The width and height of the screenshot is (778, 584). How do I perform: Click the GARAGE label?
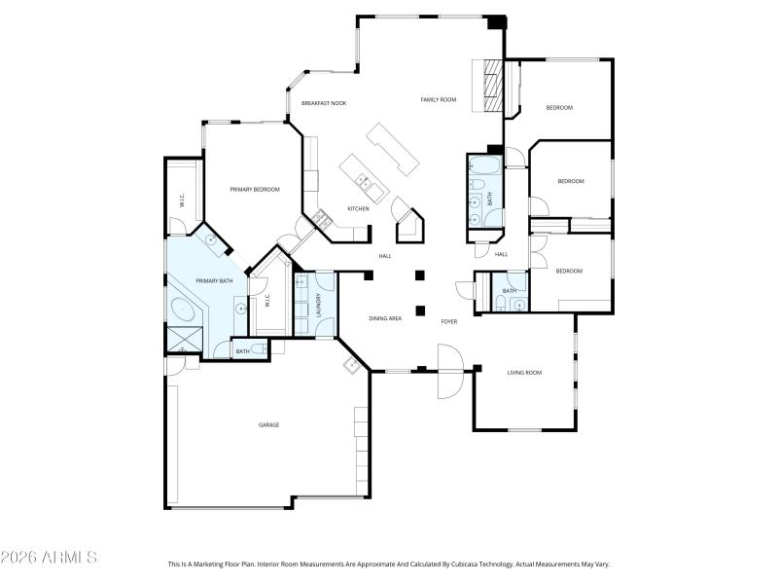point(268,424)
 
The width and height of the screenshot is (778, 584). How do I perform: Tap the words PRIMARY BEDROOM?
point(255,189)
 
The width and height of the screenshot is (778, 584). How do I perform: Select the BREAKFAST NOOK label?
point(324,103)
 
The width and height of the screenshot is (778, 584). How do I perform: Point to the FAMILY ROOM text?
point(438,99)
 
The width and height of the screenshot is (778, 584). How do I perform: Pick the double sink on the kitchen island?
point(364,180)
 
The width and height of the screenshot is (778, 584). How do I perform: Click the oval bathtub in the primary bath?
point(184,311)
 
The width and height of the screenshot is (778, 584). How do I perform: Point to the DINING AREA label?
point(385,318)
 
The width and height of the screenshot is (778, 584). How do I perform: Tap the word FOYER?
point(449,321)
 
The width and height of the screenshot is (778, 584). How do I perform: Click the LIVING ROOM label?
point(525,372)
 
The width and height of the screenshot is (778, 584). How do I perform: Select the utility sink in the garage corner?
point(350,366)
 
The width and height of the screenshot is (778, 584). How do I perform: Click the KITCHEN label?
point(358,208)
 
